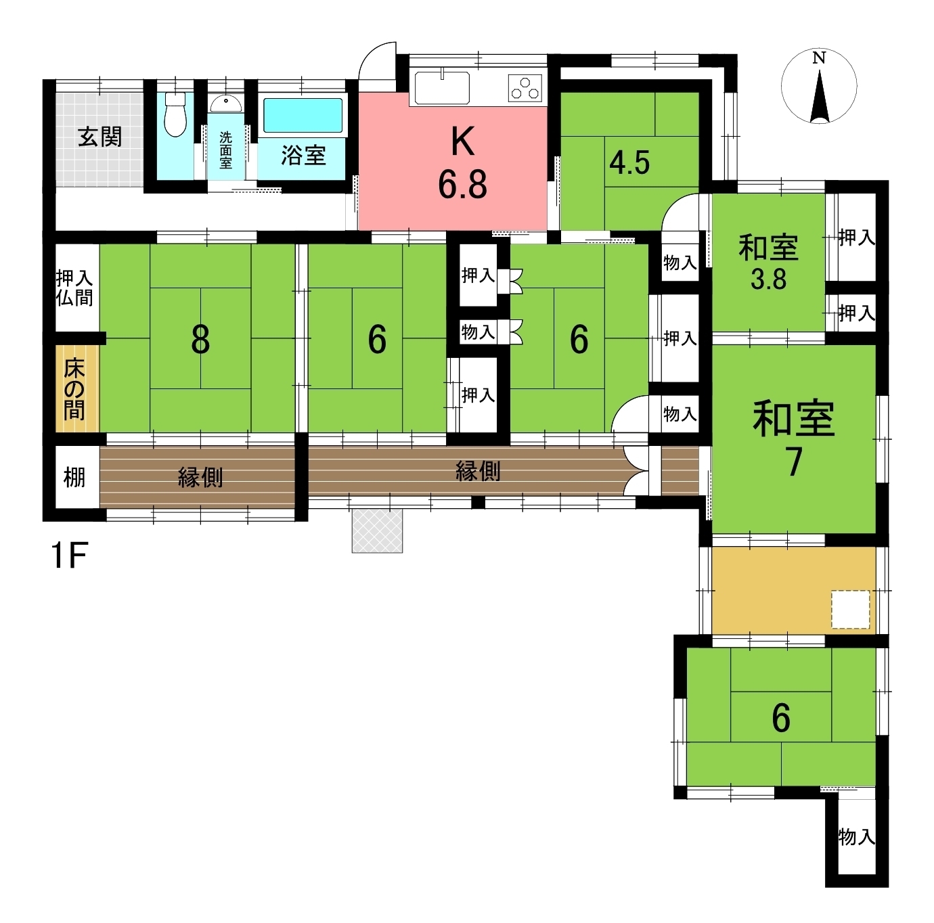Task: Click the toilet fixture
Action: [175, 114]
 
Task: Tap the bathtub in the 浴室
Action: [303, 116]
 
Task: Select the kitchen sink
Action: [441, 88]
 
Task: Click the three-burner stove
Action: [525, 88]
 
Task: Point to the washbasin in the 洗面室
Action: [226, 104]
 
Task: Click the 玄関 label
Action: [100, 137]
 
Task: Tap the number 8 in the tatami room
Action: [200, 340]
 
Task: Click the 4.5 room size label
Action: [629, 163]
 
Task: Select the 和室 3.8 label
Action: [768, 262]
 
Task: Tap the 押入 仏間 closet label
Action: [74, 288]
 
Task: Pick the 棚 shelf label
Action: [74, 478]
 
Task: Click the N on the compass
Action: [819, 58]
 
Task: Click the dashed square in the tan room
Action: [850, 610]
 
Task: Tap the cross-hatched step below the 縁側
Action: [377, 531]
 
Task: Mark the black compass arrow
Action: [820, 96]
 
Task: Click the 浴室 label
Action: [303, 156]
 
